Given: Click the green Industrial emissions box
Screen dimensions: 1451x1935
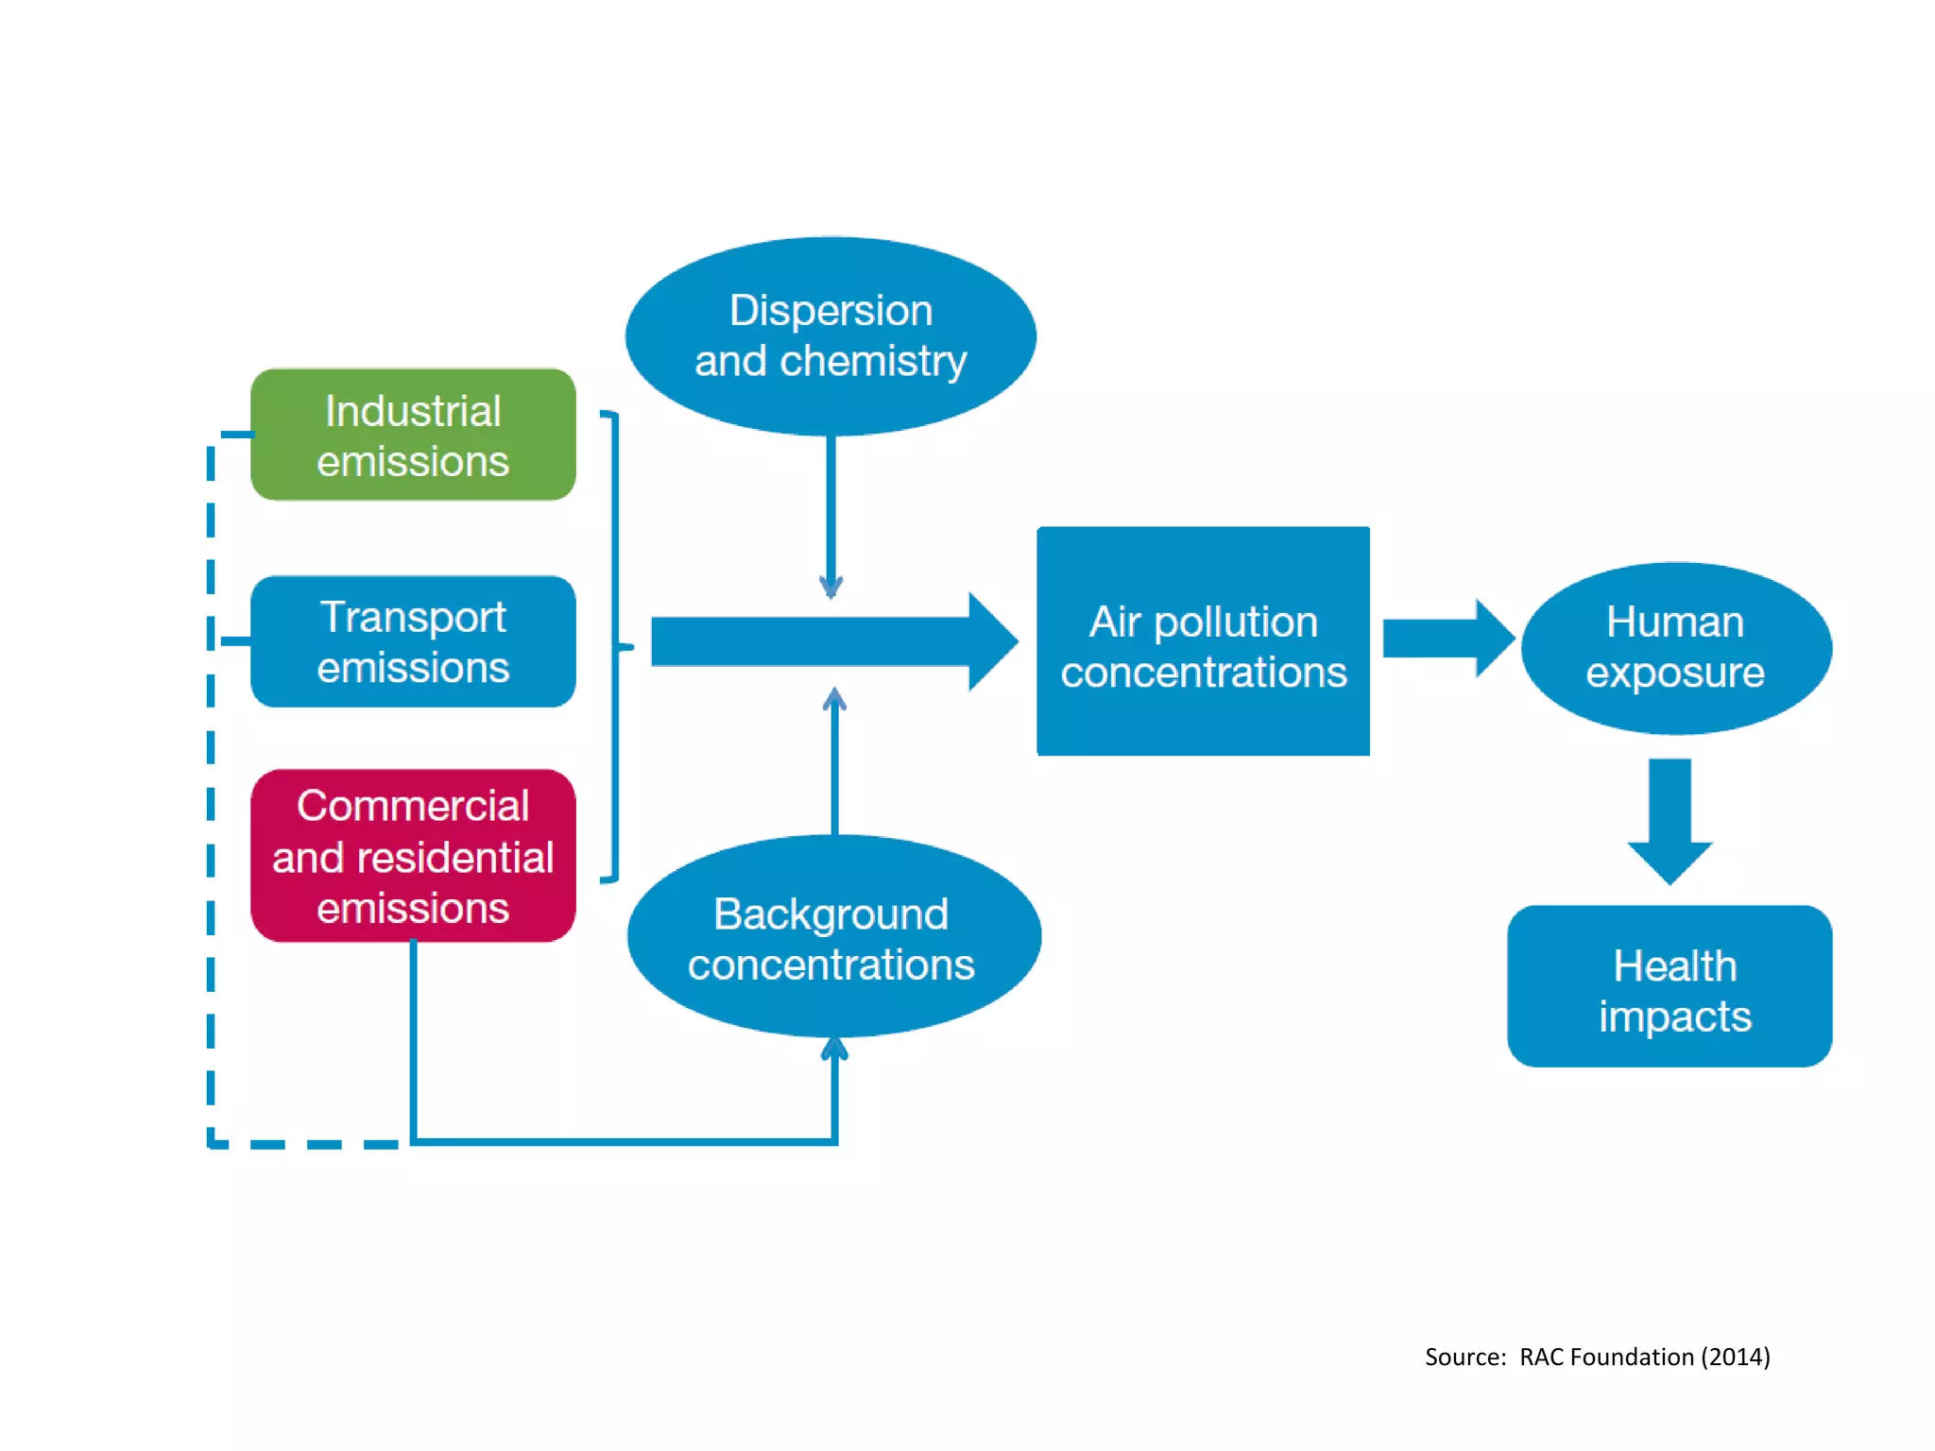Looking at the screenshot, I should (413, 435).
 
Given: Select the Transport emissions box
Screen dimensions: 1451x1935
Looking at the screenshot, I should (413, 641).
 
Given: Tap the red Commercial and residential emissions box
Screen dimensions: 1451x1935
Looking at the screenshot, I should (413, 855).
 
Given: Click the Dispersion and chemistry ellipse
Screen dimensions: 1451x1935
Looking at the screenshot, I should (831, 335).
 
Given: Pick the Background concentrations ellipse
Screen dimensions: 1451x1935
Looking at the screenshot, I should (833, 937).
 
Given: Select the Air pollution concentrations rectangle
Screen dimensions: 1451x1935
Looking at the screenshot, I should (1203, 641).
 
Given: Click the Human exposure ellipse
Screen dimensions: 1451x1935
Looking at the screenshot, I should (1675, 648).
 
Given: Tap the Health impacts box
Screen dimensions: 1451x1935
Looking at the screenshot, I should (1670, 987).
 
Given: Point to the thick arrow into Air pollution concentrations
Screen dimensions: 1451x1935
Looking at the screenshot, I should (831, 642).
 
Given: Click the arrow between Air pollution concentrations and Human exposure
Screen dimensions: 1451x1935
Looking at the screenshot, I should (1447, 639).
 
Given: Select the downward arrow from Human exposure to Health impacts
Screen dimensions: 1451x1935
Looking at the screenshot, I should (1670, 820).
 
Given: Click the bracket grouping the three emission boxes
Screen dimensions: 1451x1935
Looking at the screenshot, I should (615, 646).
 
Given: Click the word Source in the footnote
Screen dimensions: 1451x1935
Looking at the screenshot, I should (1464, 1357).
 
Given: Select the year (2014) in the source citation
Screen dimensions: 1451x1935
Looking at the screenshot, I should (1736, 1357).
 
